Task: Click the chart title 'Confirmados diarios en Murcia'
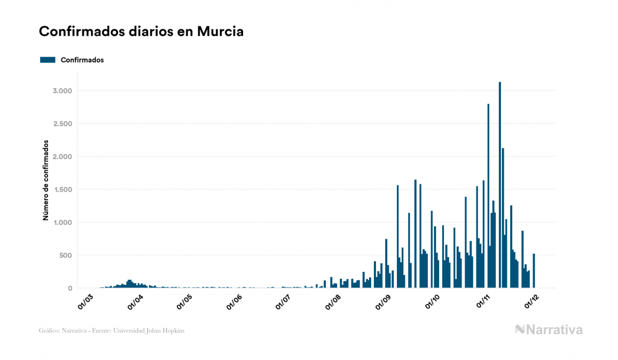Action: [141, 32]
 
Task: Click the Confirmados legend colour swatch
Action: [48, 60]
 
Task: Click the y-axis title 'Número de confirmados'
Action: [46, 181]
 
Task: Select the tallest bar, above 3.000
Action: [500, 185]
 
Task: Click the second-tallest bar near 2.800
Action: [488, 195]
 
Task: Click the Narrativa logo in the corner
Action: [549, 330]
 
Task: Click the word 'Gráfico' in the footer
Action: [48, 331]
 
